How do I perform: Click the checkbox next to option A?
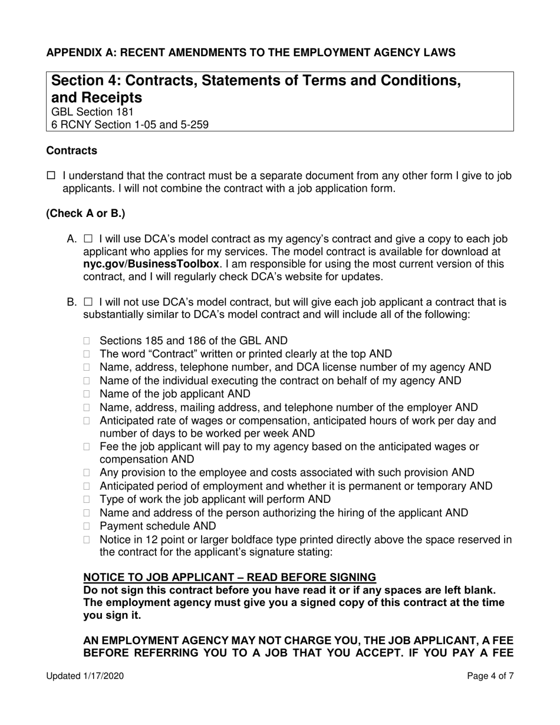pos(88,239)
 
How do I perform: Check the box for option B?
pos(88,302)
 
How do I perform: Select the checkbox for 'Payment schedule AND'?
pos(88,526)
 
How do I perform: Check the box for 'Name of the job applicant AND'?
pos(88,394)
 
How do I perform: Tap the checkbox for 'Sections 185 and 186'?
pos(88,341)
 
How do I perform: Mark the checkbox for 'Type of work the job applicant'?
pos(88,499)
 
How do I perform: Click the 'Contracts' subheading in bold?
pos(72,151)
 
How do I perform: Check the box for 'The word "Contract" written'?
pos(88,354)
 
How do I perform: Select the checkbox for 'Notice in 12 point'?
pos(88,539)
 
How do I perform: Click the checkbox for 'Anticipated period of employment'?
pos(88,486)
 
